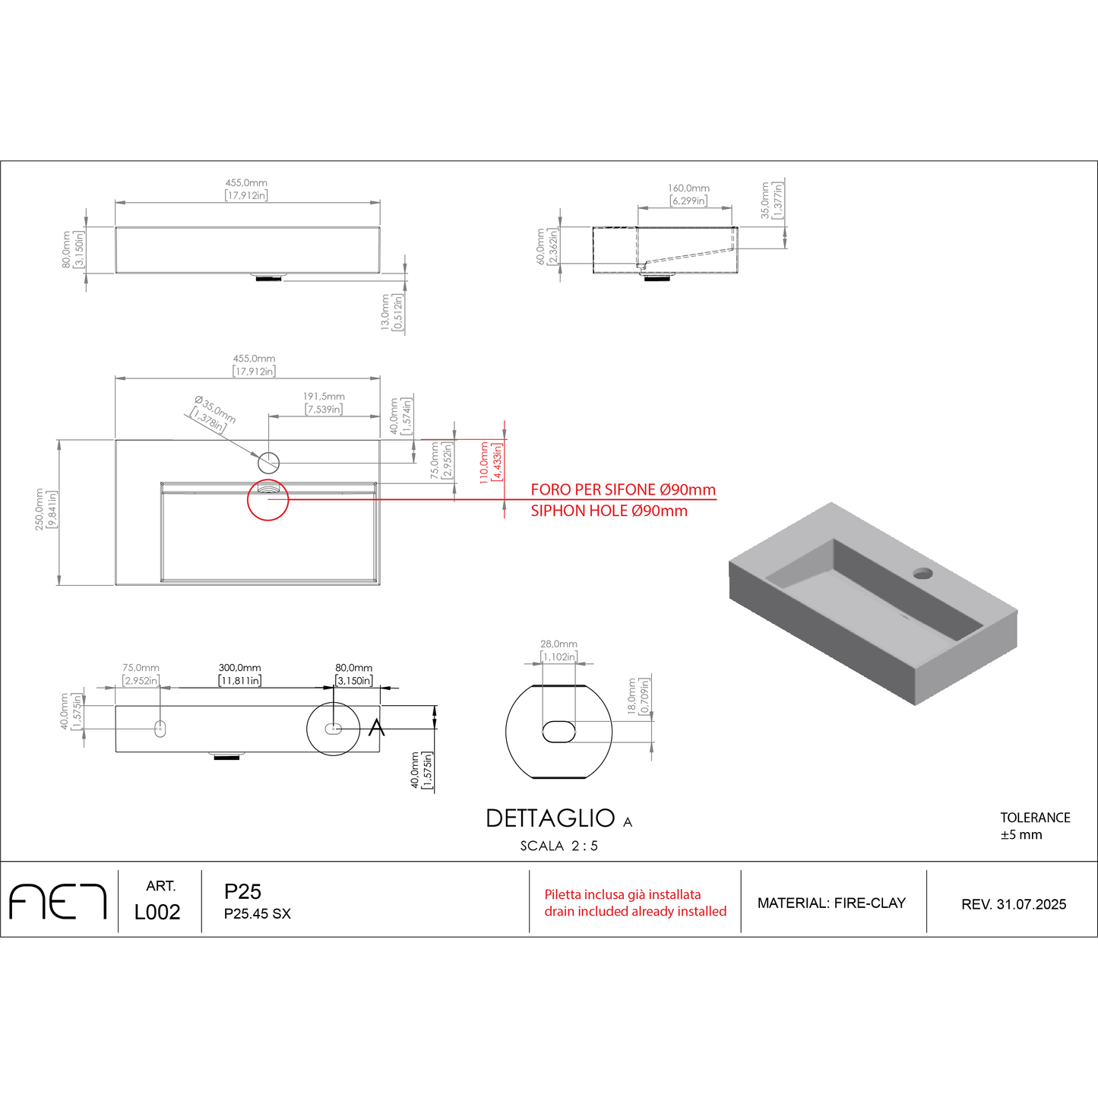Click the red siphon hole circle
pyautogui.click(x=267, y=499)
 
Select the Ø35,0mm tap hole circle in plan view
pyautogui.click(x=268, y=463)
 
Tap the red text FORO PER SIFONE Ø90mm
pyautogui.click(x=623, y=489)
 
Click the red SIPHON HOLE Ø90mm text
pyautogui.click(x=609, y=511)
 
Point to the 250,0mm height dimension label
pyautogui.click(x=39, y=509)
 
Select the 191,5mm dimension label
pyautogui.click(x=324, y=396)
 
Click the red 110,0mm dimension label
pyautogui.click(x=484, y=463)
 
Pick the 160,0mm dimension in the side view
pyautogui.click(x=689, y=188)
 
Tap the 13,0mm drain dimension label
pyautogui.click(x=384, y=312)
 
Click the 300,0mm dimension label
pyautogui.click(x=240, y=667)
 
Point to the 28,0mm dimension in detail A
pyautogui.click(x=559, y=644)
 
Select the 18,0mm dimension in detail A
pyautogui.click(x=631, y=696)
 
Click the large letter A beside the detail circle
pyautogui.click(x=376, y=728)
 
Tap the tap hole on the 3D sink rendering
pyautogui.click(x=922, y=573)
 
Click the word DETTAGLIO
pyautogui.click(x=550, y=818)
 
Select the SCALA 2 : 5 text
pyautogui.click(x=559, y=846)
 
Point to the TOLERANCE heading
pyautogui.click(x=1036, y=818)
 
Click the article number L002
pyautogui.click(x=157, y=913)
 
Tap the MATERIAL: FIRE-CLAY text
pyautogui.click(x=831, y=903)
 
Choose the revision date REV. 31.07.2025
pyautogui.click(x=1014, y=904)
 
